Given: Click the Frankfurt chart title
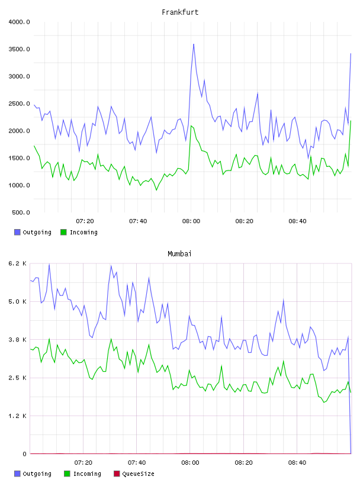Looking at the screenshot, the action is click(180, 12).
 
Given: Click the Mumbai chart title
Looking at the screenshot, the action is click(179, 254).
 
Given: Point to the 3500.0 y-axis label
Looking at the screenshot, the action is click(19, 49).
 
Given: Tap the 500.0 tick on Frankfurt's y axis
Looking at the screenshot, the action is click(21, 212).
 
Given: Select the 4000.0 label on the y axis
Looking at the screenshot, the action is click(19, 22).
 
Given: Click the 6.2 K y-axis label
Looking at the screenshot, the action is click(17, 263).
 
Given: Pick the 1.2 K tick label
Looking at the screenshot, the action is click(17, 416).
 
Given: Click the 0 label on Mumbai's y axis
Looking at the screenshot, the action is click(24, 454).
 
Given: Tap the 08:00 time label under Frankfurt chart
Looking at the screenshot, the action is click(191, 221).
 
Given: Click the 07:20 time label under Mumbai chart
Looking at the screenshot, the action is click(83, 463).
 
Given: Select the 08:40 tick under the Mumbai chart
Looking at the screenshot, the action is click(297, 463).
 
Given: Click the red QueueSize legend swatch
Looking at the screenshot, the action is click(117, 474).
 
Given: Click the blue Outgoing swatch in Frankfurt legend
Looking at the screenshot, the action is click(17, 232).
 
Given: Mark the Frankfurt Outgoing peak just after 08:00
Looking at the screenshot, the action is click(194, 44).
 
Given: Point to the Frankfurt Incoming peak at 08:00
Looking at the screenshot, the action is click(191, 125).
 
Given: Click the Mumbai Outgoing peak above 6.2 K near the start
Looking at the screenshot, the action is click(49, 264).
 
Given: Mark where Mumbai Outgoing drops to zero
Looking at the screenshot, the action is click(351, 453).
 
